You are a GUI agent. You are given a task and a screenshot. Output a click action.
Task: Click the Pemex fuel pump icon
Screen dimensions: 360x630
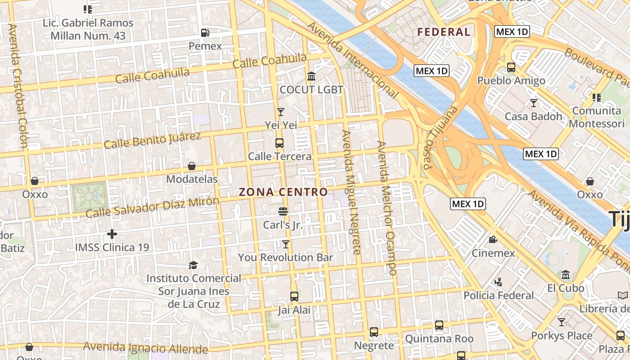click(205, 32)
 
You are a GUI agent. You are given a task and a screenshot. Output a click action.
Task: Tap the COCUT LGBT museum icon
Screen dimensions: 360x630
click(311, 76)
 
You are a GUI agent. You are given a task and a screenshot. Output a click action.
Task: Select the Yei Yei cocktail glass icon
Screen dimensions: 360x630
click(281, 112)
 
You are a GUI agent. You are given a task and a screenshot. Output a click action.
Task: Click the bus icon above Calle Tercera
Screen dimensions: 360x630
click(279, 143)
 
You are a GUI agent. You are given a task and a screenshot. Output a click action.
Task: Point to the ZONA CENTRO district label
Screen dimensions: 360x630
click(283, 192)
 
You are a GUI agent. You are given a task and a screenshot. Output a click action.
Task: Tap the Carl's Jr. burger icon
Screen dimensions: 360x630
click(283, 211)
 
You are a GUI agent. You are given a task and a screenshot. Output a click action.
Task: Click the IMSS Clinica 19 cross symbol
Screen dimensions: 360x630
click(112, 234)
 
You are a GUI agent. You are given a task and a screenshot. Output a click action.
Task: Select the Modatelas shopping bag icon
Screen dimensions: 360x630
click(192, 166)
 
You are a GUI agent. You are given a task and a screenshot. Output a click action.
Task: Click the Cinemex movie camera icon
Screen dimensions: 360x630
click(493, 239)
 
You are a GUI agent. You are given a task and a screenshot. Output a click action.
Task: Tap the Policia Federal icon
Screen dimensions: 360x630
click(498, 282)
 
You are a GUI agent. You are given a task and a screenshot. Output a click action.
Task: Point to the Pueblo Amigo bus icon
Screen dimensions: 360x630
click(511, 67)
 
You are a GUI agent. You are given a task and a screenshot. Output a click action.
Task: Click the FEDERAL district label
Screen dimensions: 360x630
click(444, 32)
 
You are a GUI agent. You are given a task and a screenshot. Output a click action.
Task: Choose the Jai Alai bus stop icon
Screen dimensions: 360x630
click(294, 296)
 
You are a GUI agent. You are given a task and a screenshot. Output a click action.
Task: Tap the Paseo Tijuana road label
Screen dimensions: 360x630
click(441, 137)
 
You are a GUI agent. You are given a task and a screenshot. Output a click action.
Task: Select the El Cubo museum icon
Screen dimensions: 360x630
click(566, 274)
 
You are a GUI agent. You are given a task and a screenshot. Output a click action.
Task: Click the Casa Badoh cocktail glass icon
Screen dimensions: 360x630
click(534, 103)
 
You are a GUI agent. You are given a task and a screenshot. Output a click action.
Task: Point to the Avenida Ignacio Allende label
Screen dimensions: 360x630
click(145, 347)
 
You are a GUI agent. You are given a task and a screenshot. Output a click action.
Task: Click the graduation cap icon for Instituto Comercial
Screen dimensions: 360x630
click(193, 265)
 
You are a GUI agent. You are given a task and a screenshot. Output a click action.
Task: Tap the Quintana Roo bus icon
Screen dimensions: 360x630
click(439, 325)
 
